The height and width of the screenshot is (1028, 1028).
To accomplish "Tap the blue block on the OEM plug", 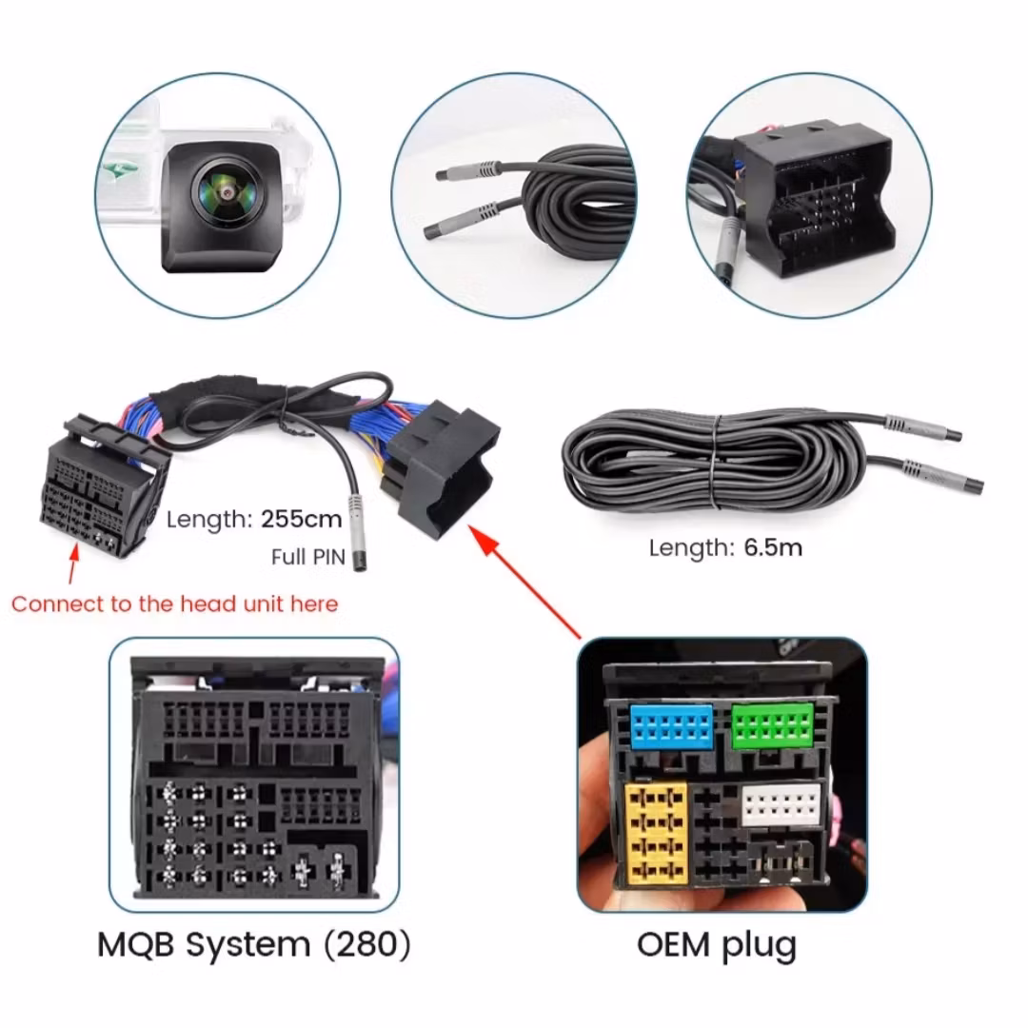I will (x=672, y=727).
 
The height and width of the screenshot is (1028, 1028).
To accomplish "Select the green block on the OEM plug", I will (x=773, y=727).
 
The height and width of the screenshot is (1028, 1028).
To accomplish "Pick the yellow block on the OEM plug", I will (x=657, y=831).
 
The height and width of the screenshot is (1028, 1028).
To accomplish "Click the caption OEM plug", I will (x=717, y=945).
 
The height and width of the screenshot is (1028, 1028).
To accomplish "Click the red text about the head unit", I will (x=174, y=603).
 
